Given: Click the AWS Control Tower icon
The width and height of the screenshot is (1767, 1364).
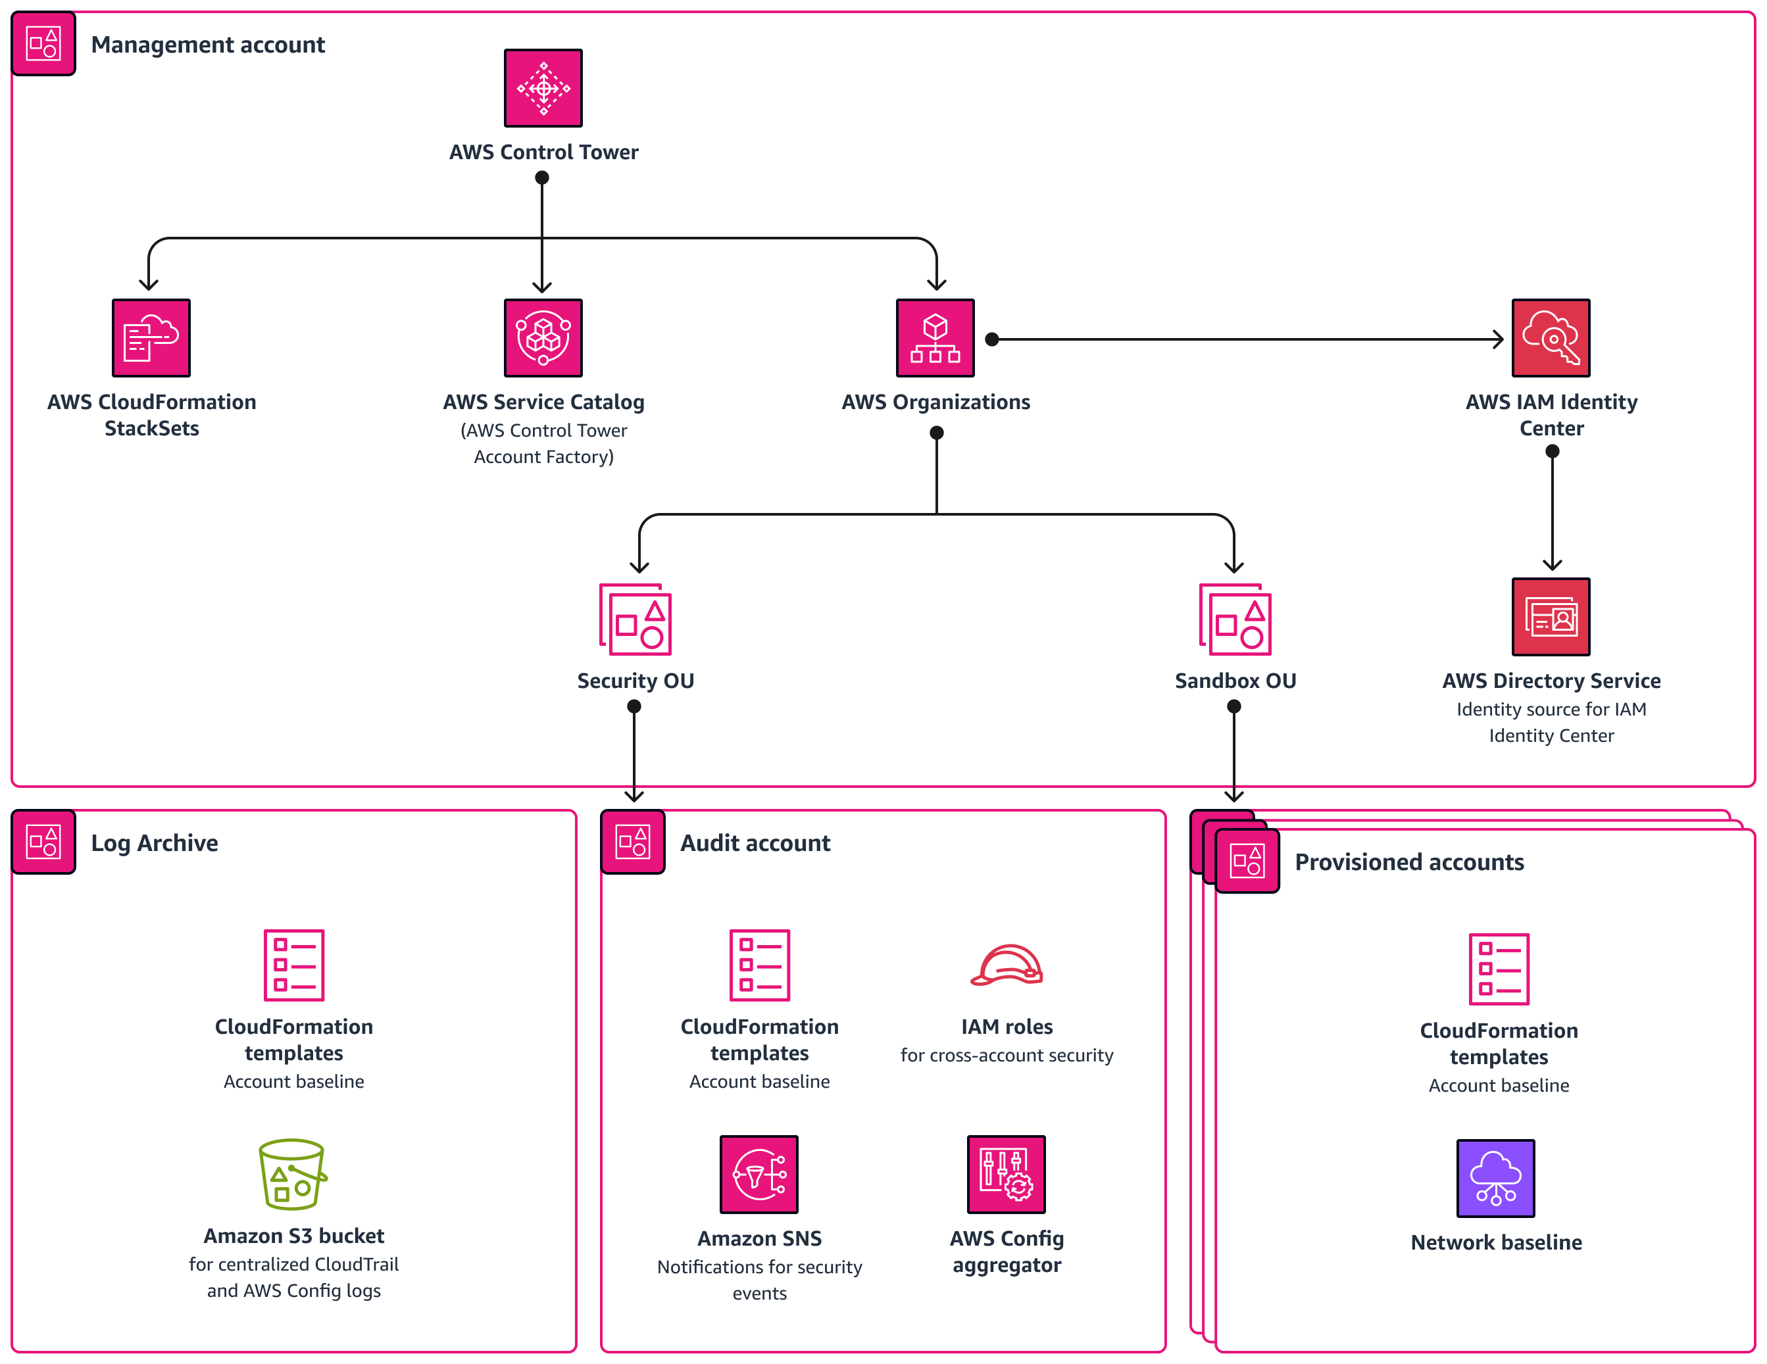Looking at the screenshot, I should point(543,87).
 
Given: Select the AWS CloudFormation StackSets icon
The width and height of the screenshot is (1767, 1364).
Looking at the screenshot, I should point(151,337).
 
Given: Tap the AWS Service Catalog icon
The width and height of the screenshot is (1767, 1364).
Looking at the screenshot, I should point(543,337).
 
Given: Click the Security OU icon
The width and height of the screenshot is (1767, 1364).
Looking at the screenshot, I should point(636,620).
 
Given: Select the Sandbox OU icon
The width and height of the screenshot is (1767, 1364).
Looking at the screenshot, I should point(1235,620).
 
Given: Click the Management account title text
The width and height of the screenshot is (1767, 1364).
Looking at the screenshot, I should point(208,45).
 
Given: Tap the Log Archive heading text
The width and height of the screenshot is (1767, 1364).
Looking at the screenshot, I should point(155,843).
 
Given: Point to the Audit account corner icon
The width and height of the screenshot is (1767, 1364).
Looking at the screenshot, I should point(633,841).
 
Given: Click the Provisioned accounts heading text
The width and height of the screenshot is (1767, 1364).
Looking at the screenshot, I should point(1408,862).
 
